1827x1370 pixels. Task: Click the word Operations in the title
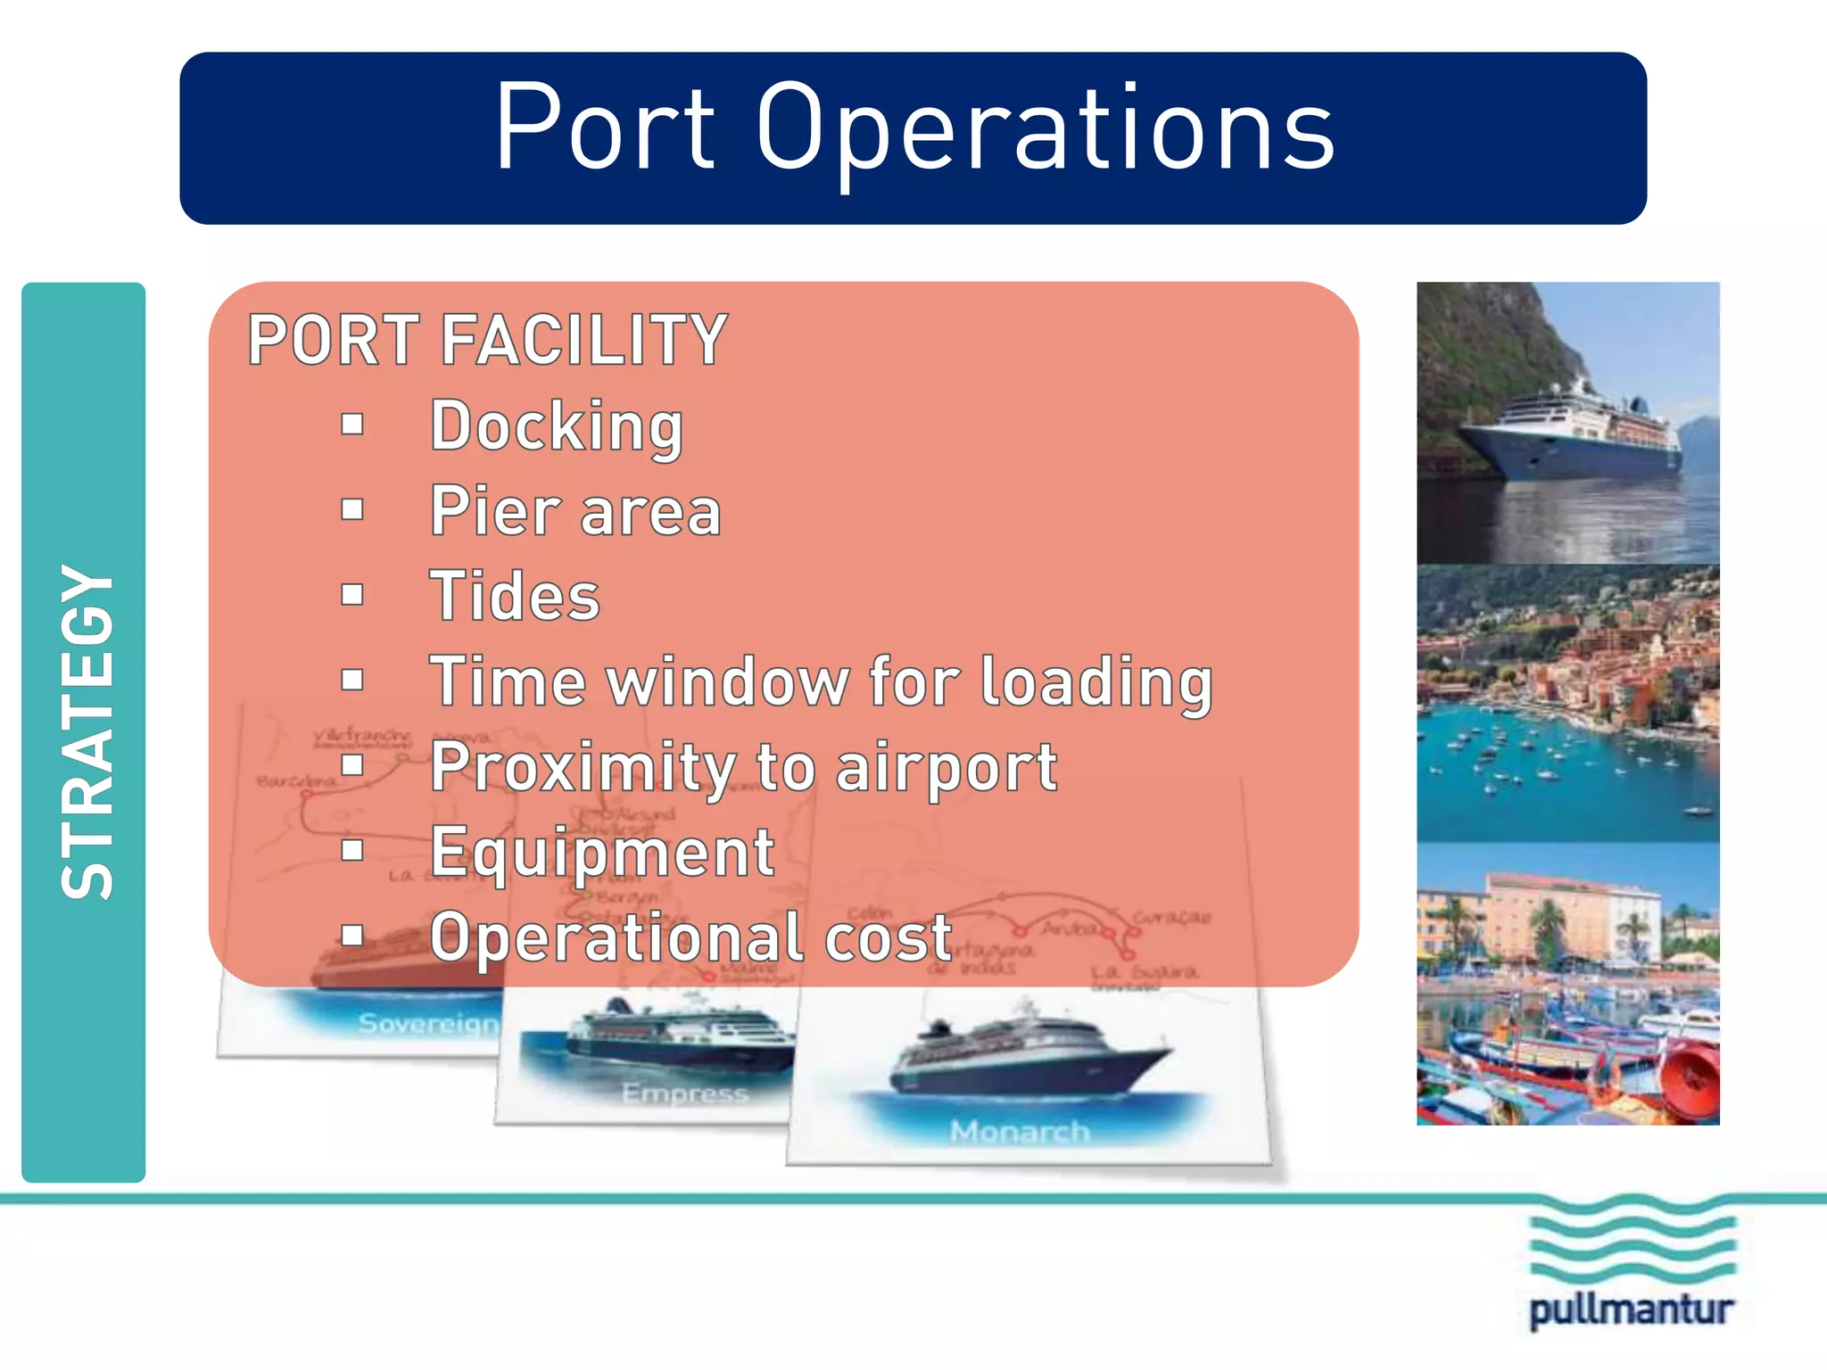click(1046, 129)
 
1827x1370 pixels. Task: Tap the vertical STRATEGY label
click(87, 731)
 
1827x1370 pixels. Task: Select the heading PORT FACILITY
click(488, 340)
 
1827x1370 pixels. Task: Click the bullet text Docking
click(557, 426)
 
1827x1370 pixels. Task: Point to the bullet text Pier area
click(575, 512)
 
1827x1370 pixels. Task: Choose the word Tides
click(515, 597)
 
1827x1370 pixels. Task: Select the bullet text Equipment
click(602, 853)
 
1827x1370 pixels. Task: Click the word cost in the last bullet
click(889, 938)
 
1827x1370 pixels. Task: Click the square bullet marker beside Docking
click(352, 425)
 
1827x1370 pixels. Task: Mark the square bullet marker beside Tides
click(352, 595)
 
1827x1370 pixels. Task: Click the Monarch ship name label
click(1020, 1132)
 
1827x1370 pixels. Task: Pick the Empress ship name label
click(684, 1093)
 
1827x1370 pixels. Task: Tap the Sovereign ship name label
click(428, 1023)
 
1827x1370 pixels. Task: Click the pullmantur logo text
click(1632, 1311)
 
